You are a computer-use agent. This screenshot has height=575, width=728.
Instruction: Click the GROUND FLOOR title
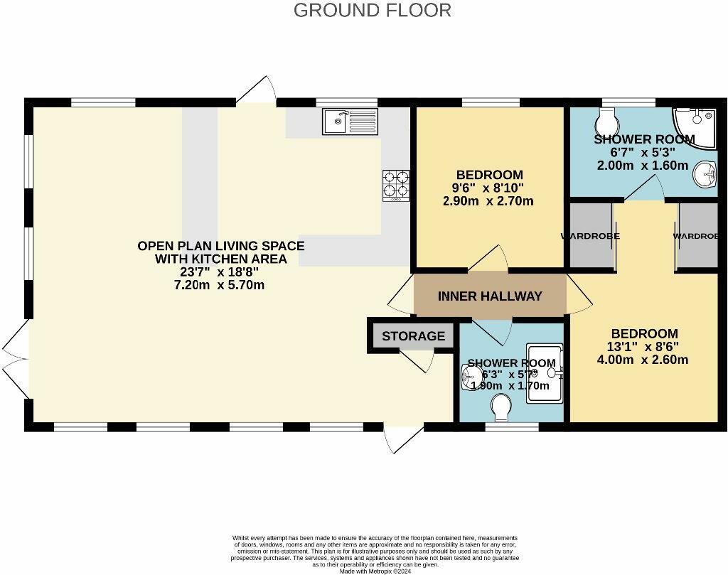point(372,10)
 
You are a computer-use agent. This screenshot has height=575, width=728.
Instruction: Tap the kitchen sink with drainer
point(350,121)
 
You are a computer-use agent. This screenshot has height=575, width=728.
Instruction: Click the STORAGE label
point(413,336)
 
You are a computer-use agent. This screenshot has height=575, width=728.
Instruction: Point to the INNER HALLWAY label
point(490,296)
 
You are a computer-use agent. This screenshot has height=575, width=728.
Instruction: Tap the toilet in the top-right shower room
point(609,117)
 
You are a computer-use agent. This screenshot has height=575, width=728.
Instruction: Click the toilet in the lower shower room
point(503,407)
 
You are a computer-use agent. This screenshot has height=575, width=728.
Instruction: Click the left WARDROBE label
point(590,236)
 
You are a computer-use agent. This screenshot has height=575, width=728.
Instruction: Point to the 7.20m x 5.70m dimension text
point(220,286)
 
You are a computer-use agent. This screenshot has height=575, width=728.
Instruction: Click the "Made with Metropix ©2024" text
point(374,571)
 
